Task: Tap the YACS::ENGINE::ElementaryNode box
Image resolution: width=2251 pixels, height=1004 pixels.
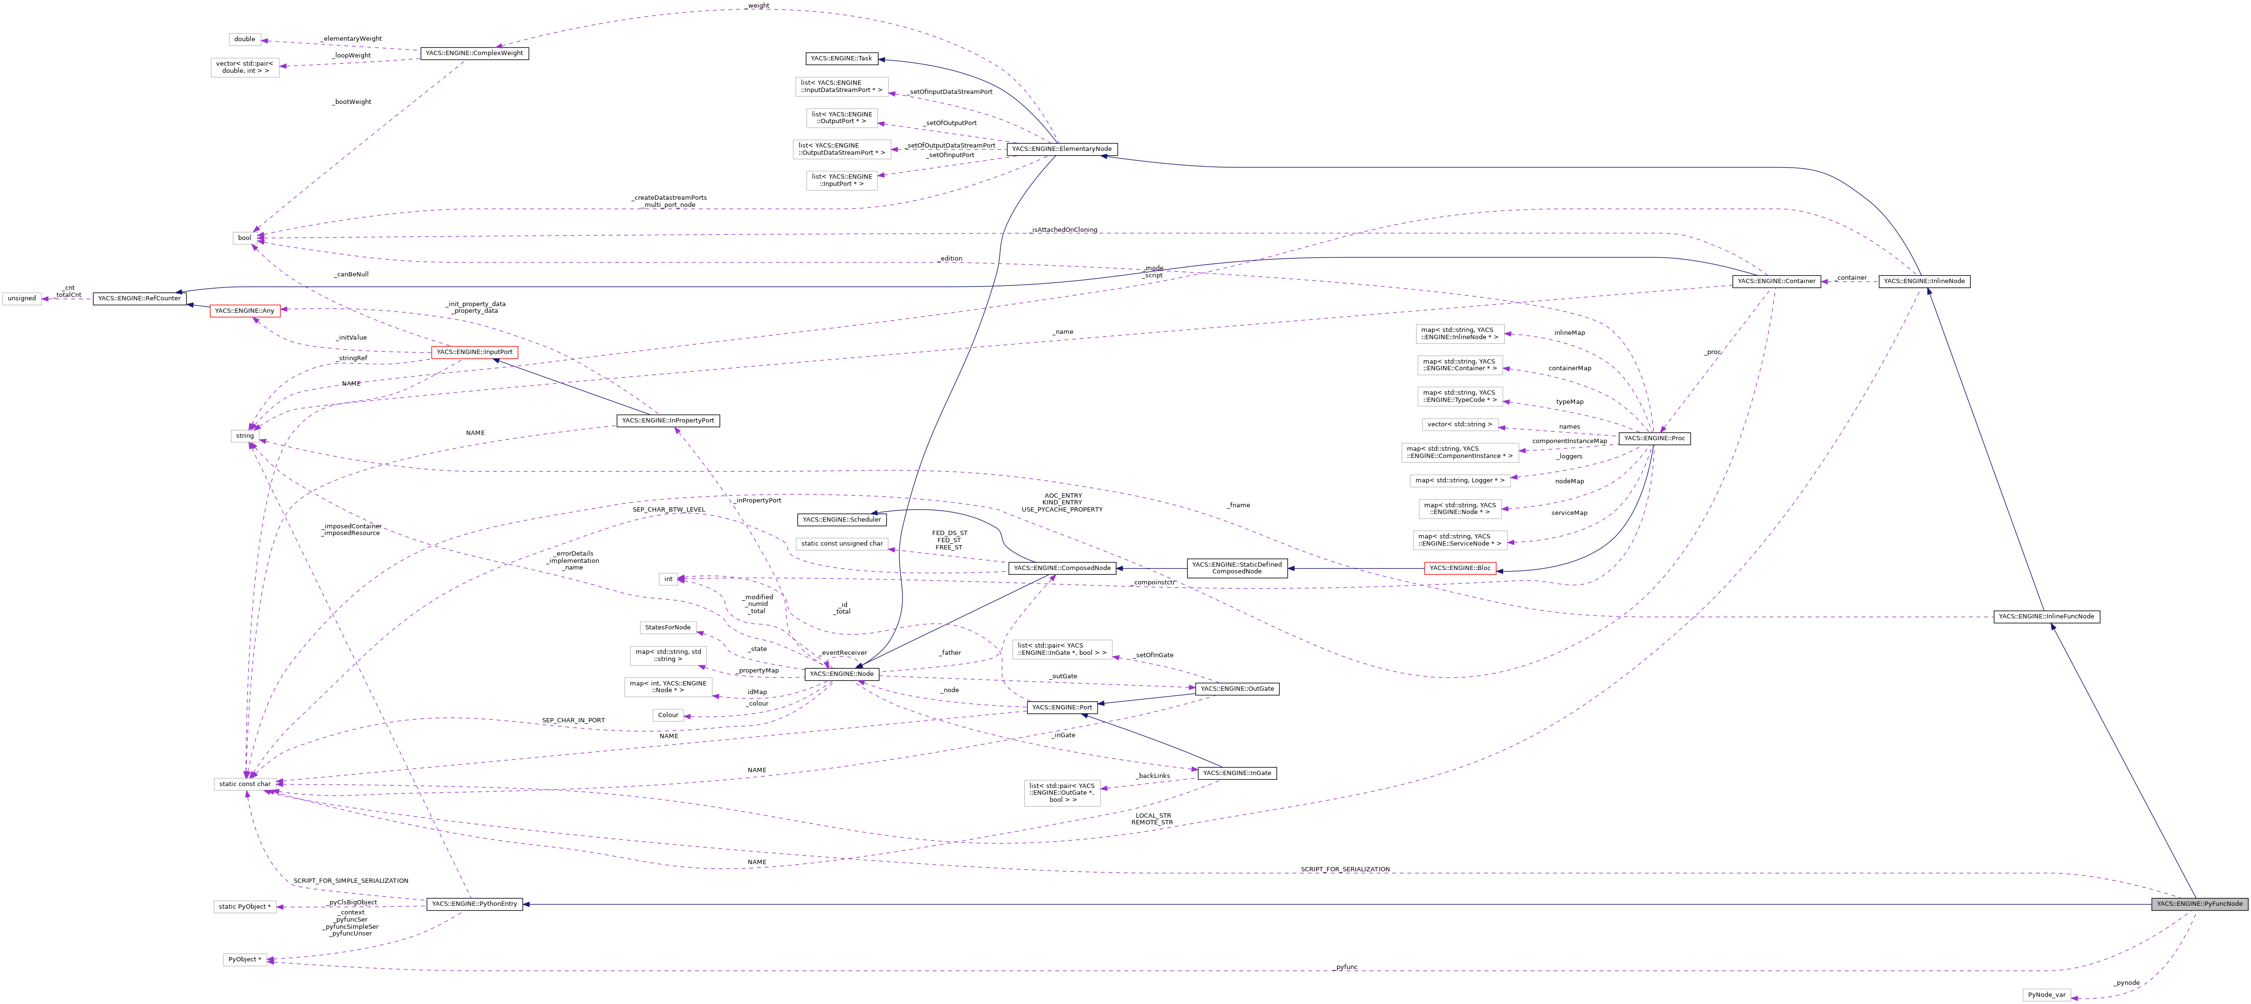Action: (1062, 149)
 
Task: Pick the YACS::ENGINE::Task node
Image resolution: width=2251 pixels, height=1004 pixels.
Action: (841, 58)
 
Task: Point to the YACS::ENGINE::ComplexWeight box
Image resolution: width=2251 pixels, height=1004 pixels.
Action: (475, 53)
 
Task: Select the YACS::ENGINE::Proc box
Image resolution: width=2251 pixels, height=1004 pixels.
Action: (1654, 439)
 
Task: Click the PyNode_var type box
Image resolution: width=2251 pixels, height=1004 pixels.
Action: (2046, 994)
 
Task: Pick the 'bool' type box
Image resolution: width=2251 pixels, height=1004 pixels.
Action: (245, 238)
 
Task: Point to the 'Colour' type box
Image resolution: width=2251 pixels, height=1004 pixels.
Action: (668, 715)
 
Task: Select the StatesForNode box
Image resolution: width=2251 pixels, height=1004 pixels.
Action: (668, 627)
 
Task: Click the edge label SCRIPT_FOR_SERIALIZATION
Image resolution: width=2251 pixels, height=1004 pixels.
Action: (1344, 869)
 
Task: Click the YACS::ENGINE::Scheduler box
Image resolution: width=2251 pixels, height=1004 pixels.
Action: (841, 520)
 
